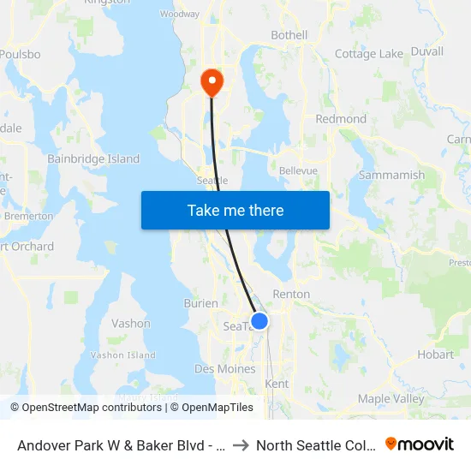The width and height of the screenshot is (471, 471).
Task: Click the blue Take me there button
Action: (235, 210)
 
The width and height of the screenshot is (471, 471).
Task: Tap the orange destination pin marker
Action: (211, 82)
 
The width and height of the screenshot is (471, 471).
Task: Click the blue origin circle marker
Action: (259, 321)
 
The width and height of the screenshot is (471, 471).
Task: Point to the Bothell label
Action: (289, 35)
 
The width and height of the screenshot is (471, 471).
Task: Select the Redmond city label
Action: (341, 119)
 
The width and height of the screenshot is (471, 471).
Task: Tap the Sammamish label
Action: (391, 175)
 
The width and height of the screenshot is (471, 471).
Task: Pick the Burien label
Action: (201, 303)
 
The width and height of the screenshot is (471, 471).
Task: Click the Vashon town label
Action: (131, 324)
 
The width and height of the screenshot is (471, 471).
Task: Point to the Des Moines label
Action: (224, 369)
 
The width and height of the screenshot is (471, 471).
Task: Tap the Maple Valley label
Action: (391, 398)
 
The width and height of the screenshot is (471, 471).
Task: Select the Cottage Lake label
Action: (368, 54)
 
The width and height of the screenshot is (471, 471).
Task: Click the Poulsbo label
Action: (19, 53)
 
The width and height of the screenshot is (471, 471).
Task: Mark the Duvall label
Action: (426, 51)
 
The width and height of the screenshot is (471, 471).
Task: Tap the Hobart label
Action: (435, 354)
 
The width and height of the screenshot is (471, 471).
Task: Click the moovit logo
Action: (420, 444)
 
